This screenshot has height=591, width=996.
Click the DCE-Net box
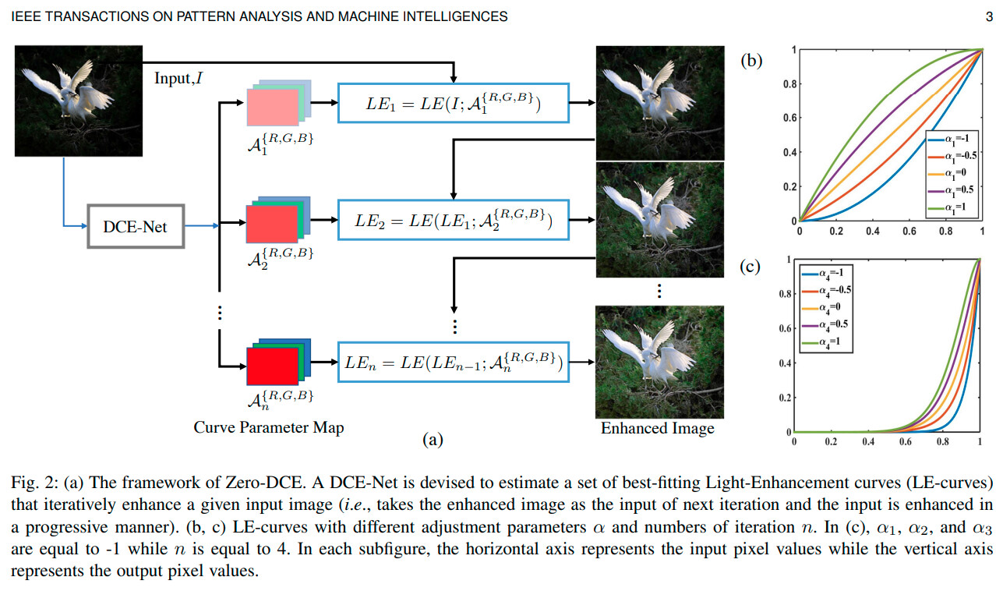pos(136,227)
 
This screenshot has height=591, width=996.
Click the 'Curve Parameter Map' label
pos(269,427)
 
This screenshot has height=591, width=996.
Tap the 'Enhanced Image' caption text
pos(657,428)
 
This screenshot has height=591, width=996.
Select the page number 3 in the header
pos(987,16)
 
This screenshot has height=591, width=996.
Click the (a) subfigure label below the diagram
pos(432,441)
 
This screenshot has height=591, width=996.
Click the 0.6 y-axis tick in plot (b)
pos(787,119)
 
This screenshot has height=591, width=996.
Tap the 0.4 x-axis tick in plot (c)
pos(867,442)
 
